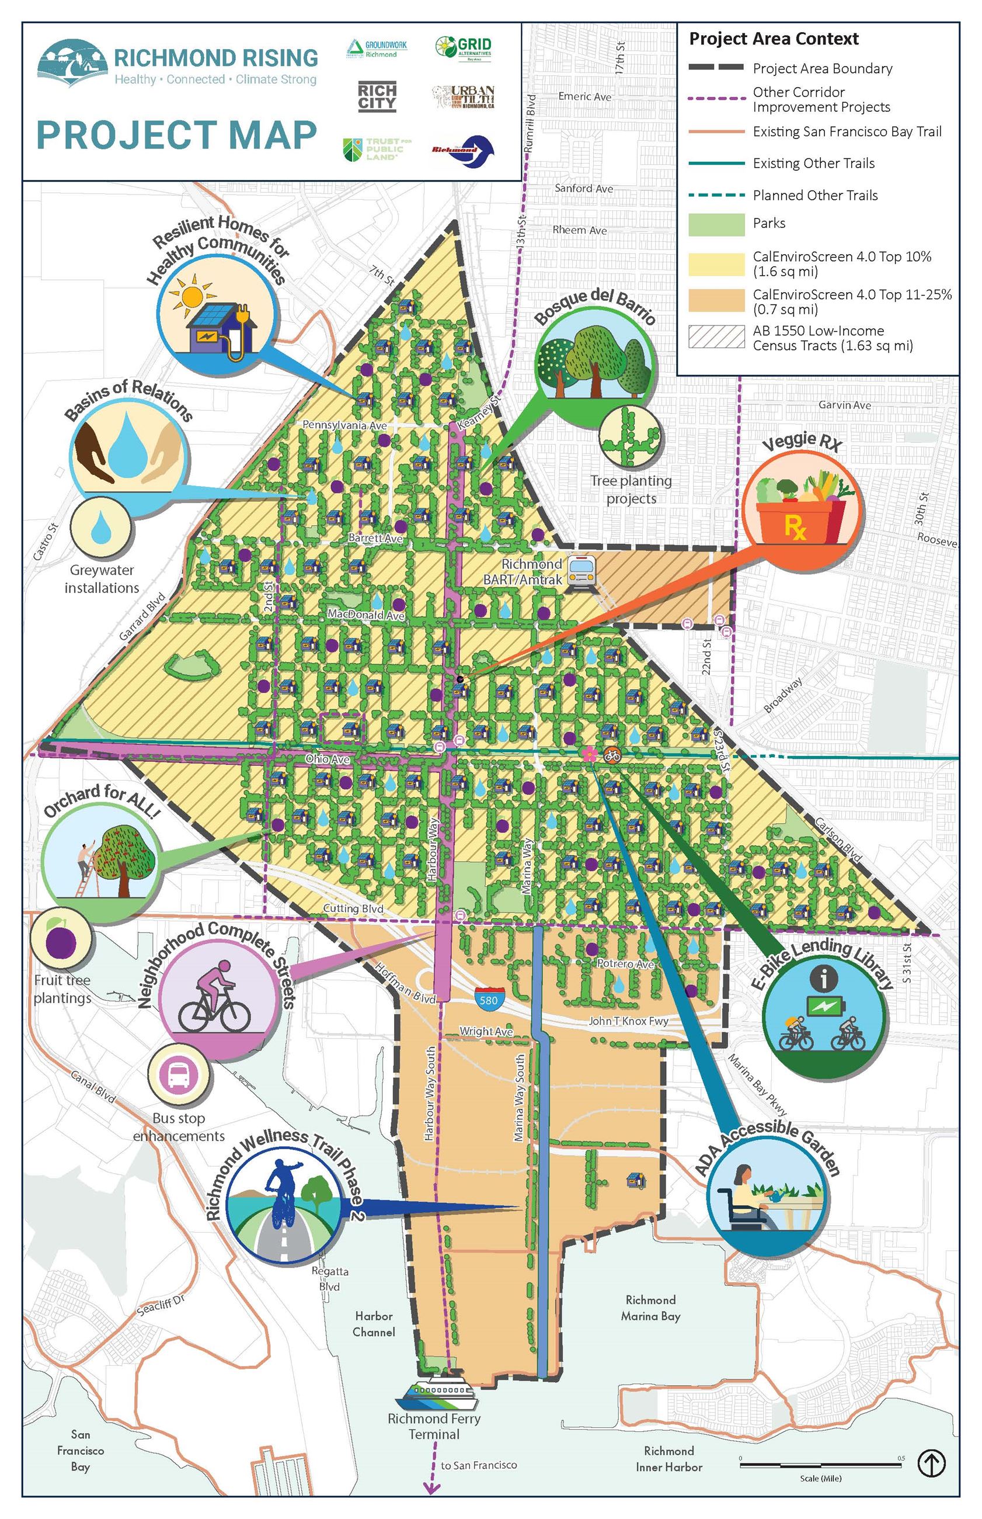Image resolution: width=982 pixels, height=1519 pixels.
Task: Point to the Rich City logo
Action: (377, 96)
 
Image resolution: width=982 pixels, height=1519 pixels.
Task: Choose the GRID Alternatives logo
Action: (464, 48)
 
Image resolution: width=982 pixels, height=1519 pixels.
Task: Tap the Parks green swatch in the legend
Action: (716, 224)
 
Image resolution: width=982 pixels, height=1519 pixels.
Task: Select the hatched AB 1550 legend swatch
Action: (716, 337)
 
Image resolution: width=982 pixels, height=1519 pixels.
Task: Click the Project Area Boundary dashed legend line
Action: (716, 67)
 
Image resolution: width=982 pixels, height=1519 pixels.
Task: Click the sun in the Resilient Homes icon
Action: (192, 296)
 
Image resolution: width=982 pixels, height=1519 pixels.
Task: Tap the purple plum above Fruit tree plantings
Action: (62, 943)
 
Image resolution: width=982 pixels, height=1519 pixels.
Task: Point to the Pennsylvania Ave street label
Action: (344, 425)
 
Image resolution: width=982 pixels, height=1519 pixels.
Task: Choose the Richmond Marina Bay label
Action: (650, 1308)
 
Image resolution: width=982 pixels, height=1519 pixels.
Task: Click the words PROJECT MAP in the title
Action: (177, 134)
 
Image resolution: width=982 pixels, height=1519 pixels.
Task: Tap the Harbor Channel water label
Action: (374, 1324)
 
